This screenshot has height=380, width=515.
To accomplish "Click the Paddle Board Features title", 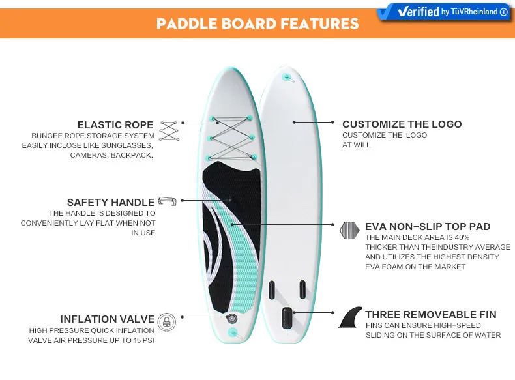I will point(257,24).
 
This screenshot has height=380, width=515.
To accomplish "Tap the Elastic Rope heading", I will point(115,124).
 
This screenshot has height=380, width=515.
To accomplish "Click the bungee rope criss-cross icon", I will point(169,130).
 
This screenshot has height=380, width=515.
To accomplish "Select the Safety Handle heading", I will point(110,202).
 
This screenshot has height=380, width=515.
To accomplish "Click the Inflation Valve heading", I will point(107,319).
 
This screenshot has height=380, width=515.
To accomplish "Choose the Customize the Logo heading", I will point(402,124).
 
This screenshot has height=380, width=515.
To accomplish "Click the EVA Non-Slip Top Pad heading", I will point(428,226).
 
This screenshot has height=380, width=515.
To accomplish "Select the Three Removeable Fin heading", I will point(430,314).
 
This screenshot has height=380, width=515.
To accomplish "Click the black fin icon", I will point(350,317).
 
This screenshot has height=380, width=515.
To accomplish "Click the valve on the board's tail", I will point(231,318).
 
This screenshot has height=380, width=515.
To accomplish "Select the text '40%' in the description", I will point(462,237).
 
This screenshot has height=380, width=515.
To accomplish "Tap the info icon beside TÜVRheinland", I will point(504,12).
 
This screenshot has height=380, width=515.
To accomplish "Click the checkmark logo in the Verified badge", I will point(389,12).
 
